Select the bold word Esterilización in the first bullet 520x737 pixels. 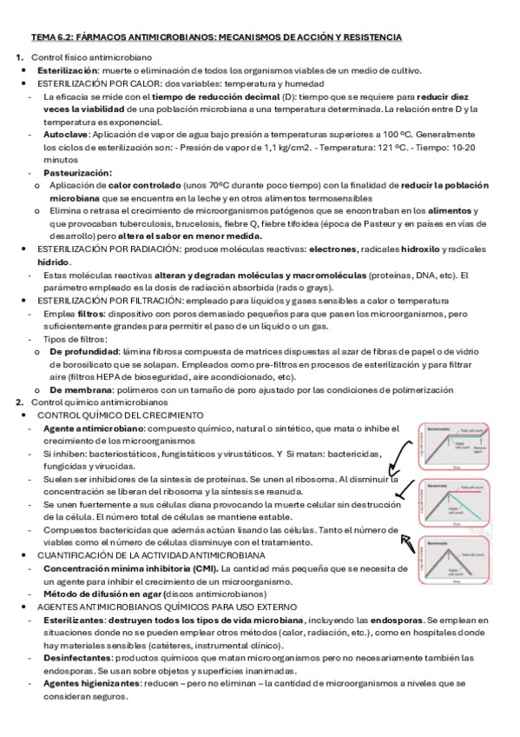[67, 70]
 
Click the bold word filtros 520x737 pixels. [89, 313]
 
